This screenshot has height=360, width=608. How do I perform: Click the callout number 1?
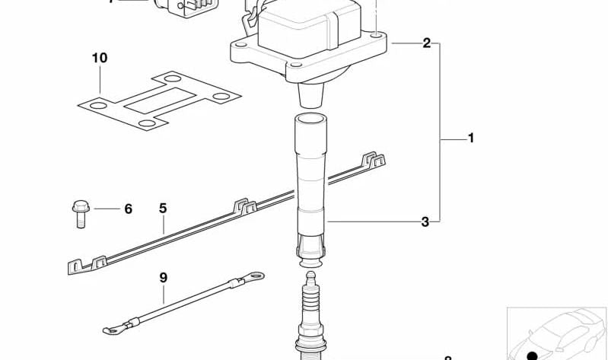471,139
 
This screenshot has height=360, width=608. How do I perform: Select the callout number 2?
427,43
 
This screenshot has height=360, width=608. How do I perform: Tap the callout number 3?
425,222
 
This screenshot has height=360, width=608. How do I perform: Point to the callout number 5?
162,208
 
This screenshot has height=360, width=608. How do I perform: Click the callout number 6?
128,209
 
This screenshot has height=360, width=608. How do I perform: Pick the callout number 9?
162,278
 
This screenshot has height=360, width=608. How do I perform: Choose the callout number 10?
100,58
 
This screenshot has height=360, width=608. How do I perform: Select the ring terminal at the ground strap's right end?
256,276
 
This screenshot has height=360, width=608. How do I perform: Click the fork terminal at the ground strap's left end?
113,330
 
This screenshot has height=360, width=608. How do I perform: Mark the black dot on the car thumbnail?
533,355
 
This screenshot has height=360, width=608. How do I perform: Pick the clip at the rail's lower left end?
75,266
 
